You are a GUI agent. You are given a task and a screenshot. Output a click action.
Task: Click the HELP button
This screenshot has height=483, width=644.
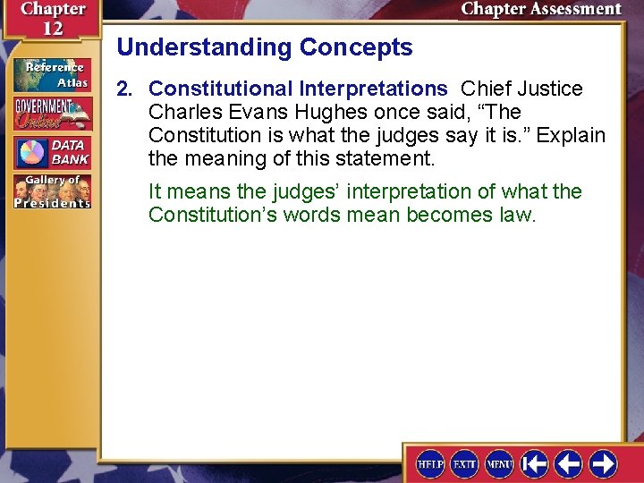[431, 463]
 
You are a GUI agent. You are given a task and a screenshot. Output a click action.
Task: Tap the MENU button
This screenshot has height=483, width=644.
[499, 463]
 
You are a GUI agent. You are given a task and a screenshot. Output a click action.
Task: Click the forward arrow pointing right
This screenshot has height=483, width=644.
[603, 463]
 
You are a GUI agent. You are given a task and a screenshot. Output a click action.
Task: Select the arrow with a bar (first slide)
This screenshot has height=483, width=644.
[535, 463]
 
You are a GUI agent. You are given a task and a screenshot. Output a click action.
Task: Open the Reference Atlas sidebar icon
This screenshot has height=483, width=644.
[51, 74]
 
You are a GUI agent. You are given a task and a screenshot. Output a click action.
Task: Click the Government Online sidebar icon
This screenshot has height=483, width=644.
[51, 113]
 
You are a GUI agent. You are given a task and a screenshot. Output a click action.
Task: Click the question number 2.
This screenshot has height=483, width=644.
[123, 89]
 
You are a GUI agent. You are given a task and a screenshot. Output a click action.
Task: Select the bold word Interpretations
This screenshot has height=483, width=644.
[373, 89]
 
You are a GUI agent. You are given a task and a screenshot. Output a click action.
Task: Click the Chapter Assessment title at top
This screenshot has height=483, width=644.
[540, 10]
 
